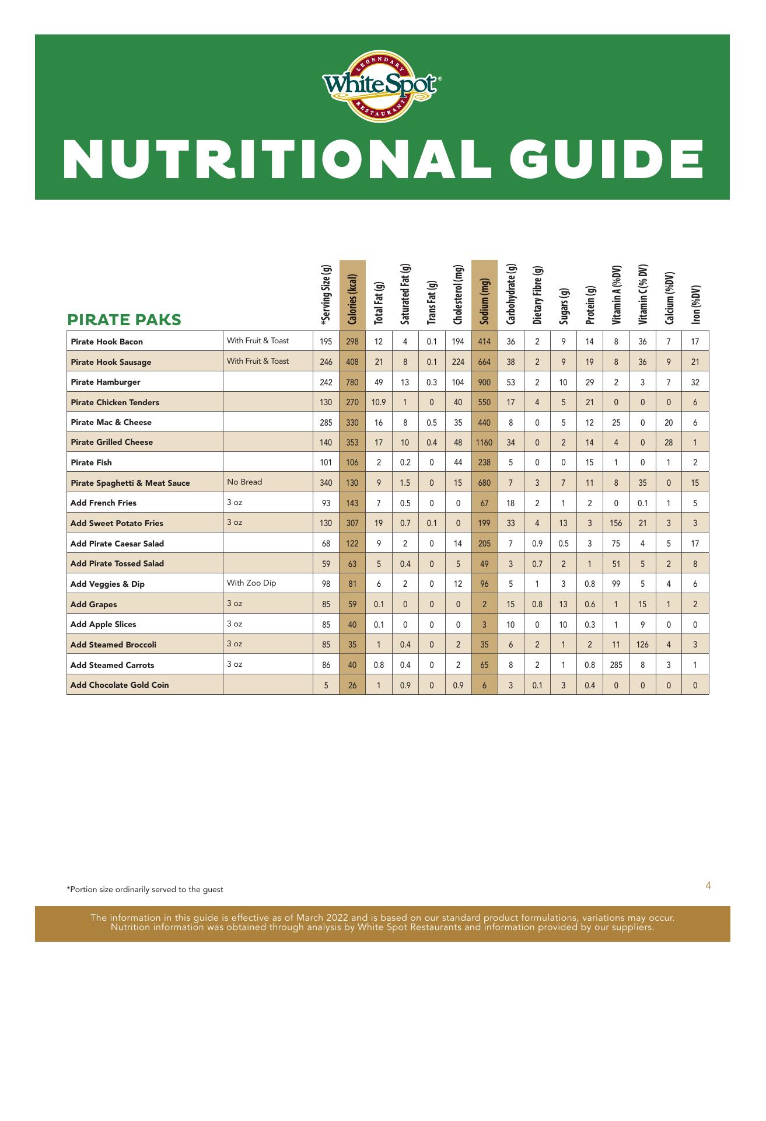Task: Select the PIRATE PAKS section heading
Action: point(124,319)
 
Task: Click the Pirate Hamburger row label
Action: point(105,382)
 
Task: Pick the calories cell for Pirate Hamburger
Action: point(352,382)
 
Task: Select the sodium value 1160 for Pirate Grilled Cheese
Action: point(484,443)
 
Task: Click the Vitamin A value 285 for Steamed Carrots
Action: point(616,665)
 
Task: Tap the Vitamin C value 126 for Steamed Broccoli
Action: point(642,645)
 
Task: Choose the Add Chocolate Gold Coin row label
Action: point(120,685)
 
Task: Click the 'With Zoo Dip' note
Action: point(251,583)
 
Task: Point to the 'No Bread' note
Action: point(244,482)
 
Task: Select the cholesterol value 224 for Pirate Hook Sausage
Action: point(458,362)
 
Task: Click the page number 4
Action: point(708,886)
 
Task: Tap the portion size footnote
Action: point(145,890)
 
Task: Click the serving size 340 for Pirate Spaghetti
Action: point(326,483)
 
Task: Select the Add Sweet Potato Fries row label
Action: point(117,523)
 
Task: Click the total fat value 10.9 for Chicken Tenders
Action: point(379,402)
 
